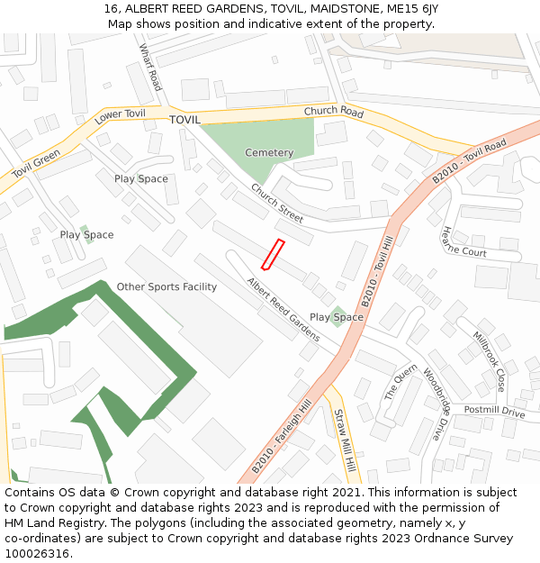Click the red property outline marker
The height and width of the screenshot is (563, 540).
tap(273, 254)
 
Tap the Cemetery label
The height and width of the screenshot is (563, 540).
tap(269, 153)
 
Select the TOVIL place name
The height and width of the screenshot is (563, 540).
tap(184, 120)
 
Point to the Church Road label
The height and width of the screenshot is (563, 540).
tap(333, 113)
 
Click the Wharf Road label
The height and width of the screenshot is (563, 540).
tap(150, 68)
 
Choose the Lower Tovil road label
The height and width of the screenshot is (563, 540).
tap(120, 115)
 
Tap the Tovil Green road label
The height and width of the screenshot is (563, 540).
tap(36, 164)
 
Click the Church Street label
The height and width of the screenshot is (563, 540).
tap(277, 204)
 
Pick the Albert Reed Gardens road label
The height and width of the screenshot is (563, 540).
tap(283, 309)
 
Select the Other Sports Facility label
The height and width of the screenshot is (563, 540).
tap(166, 287)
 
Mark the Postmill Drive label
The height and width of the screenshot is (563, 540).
tap(494, 412)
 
